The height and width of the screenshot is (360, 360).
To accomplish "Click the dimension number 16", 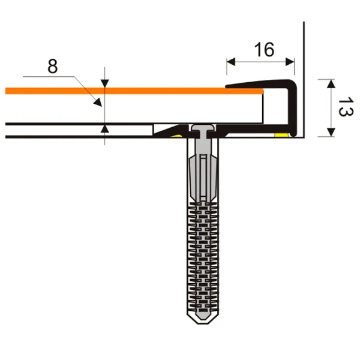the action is (x=264, y=50).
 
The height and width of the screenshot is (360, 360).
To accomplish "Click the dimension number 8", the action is (x=53, y=67).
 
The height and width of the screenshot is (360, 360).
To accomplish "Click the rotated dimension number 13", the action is (x=346, y=107).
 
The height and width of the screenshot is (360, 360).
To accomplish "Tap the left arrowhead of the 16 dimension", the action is (x=231, y=62).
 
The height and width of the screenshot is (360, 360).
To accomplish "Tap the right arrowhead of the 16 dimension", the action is (x=290, y=62).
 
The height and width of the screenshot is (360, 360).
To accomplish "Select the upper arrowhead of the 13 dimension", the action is (x=331, y=83).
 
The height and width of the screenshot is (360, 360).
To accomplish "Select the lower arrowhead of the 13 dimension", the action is (x=331, y=132).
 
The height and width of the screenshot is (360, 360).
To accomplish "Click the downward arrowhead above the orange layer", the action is (x=104, y=83).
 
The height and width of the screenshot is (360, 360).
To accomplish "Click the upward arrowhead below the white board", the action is (x=104, y=129).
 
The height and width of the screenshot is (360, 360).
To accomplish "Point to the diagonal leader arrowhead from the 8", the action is (x=98, y=103).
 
